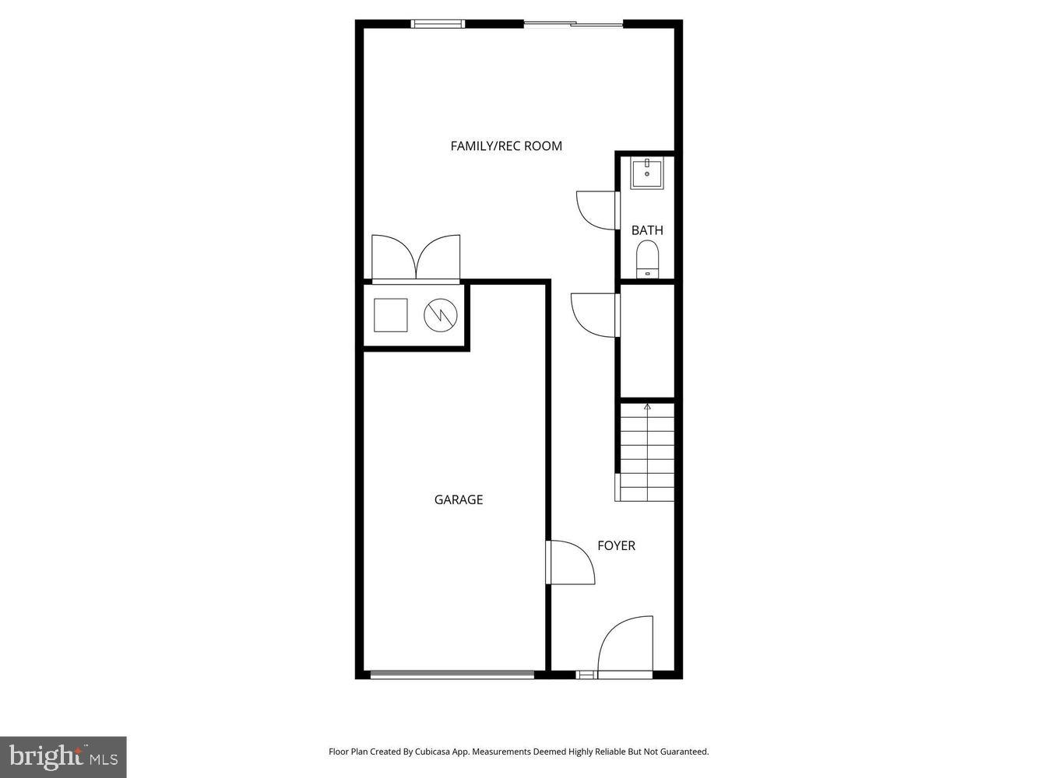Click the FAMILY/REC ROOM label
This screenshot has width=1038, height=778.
coord(506,145)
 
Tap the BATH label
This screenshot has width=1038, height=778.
coord(647,230)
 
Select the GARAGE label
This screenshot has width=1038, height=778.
coord(459,499)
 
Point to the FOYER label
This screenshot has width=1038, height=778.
coord(616,545)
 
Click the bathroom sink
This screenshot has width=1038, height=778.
coord(646,173)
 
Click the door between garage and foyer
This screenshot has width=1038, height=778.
coord(572,562)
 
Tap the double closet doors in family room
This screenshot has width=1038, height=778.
coord(416,257)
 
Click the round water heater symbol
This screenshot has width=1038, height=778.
coord(438,314)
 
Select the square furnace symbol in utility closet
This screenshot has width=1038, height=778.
coord(391,314)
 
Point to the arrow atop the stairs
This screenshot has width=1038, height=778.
coord(647,406)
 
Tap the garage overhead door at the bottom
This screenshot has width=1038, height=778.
coord(452,675)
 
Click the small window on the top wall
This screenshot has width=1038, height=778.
coord(438,24)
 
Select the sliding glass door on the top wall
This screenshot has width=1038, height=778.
coord(573,24)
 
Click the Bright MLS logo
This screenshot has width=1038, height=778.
coord(63,757)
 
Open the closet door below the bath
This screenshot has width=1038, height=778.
coord(596,315)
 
